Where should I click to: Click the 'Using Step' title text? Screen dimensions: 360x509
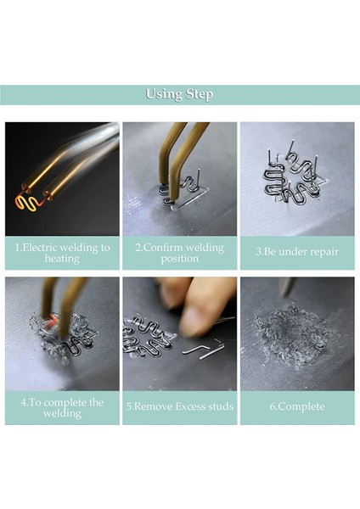point(179,94)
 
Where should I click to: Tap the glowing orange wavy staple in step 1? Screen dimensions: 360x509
point(29,204)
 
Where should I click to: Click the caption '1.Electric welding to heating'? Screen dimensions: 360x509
point(62,253)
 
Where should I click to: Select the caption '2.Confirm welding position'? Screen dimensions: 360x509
point(180,253)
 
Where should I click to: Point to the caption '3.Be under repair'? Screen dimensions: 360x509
point(297,252)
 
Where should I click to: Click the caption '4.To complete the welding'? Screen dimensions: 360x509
point(62,408)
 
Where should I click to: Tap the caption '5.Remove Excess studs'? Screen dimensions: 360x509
point(180,406)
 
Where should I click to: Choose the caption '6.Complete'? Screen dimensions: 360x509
point(297,406)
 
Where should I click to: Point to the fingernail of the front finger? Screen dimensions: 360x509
point(193,321)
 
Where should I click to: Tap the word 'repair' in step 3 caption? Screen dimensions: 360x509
point(322,253)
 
